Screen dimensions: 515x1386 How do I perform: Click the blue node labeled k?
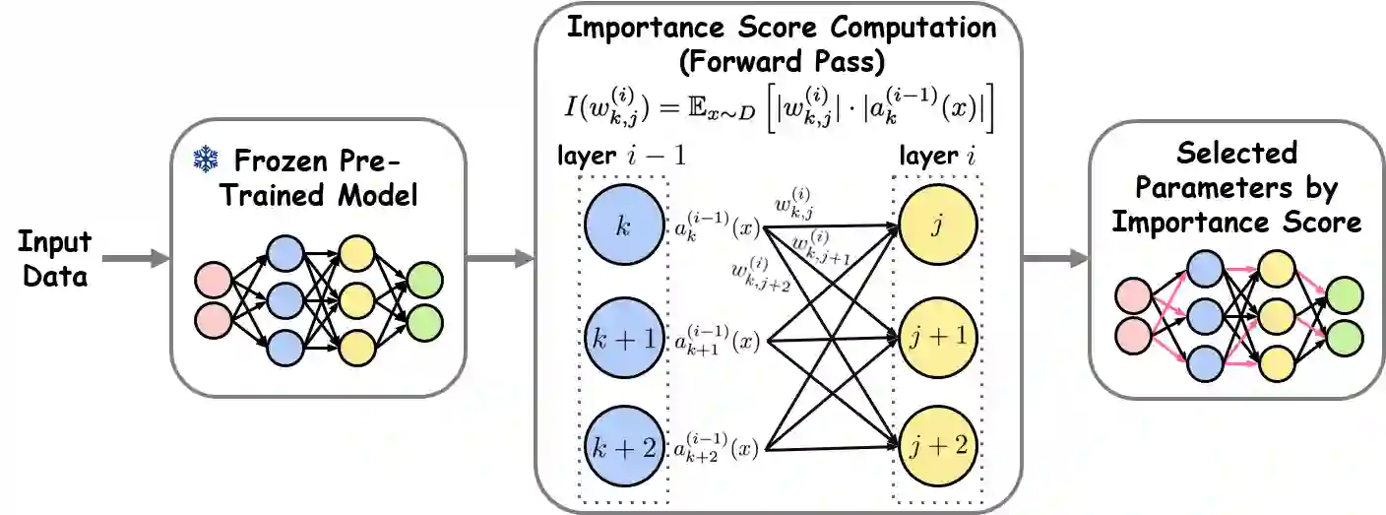click(621, 225)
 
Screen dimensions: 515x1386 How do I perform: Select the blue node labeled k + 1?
click(621, 341)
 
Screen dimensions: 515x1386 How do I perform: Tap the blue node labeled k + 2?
click(621, 449)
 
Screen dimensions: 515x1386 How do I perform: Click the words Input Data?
click(54, 259)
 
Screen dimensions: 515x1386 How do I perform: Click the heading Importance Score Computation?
click(780, 27)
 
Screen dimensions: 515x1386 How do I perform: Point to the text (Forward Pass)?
click(780, 62)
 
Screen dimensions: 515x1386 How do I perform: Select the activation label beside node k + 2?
click(716, 450)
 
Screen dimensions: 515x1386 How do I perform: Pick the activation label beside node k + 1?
click(716, 342)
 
